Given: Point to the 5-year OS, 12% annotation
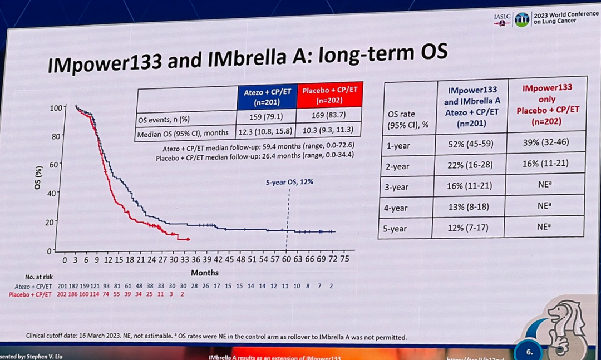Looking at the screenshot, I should [x=289, y=182].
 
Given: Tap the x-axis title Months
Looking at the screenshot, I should [x=204, y=273].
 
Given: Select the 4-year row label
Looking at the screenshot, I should [x=396, y=208].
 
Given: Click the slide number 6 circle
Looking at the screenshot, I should [x=529, y=351].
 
